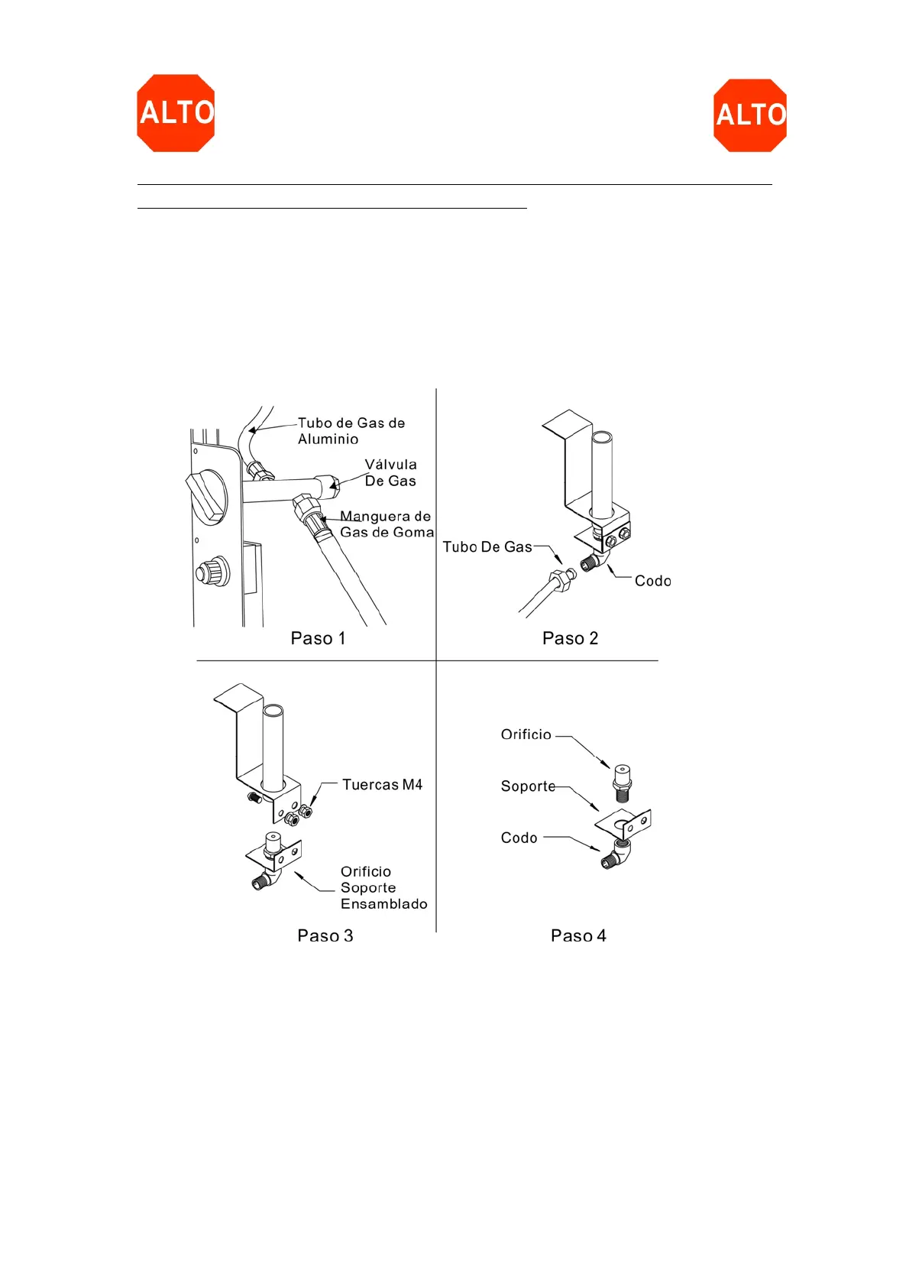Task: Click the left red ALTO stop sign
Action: [176, 113]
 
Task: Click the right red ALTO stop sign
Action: [750, 115]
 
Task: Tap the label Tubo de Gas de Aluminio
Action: [351, 431]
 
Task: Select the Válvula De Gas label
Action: [390, 472]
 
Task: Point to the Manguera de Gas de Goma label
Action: [387, 524]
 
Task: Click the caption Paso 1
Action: [318, 638]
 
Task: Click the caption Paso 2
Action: [570, 638]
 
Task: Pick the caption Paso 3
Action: [325, 935]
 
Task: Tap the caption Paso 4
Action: [578, 935]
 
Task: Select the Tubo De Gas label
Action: [487, 547]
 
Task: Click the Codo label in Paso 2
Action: [652, 581]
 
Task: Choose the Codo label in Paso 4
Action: [519, 838]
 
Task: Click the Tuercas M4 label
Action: [382, 785]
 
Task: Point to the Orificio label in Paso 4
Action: [526, 734]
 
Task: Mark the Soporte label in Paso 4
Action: [528, 786]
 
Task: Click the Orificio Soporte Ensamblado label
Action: [383, 887]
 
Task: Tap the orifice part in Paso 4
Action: [623, 782]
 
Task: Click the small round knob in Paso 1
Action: [212, 572]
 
